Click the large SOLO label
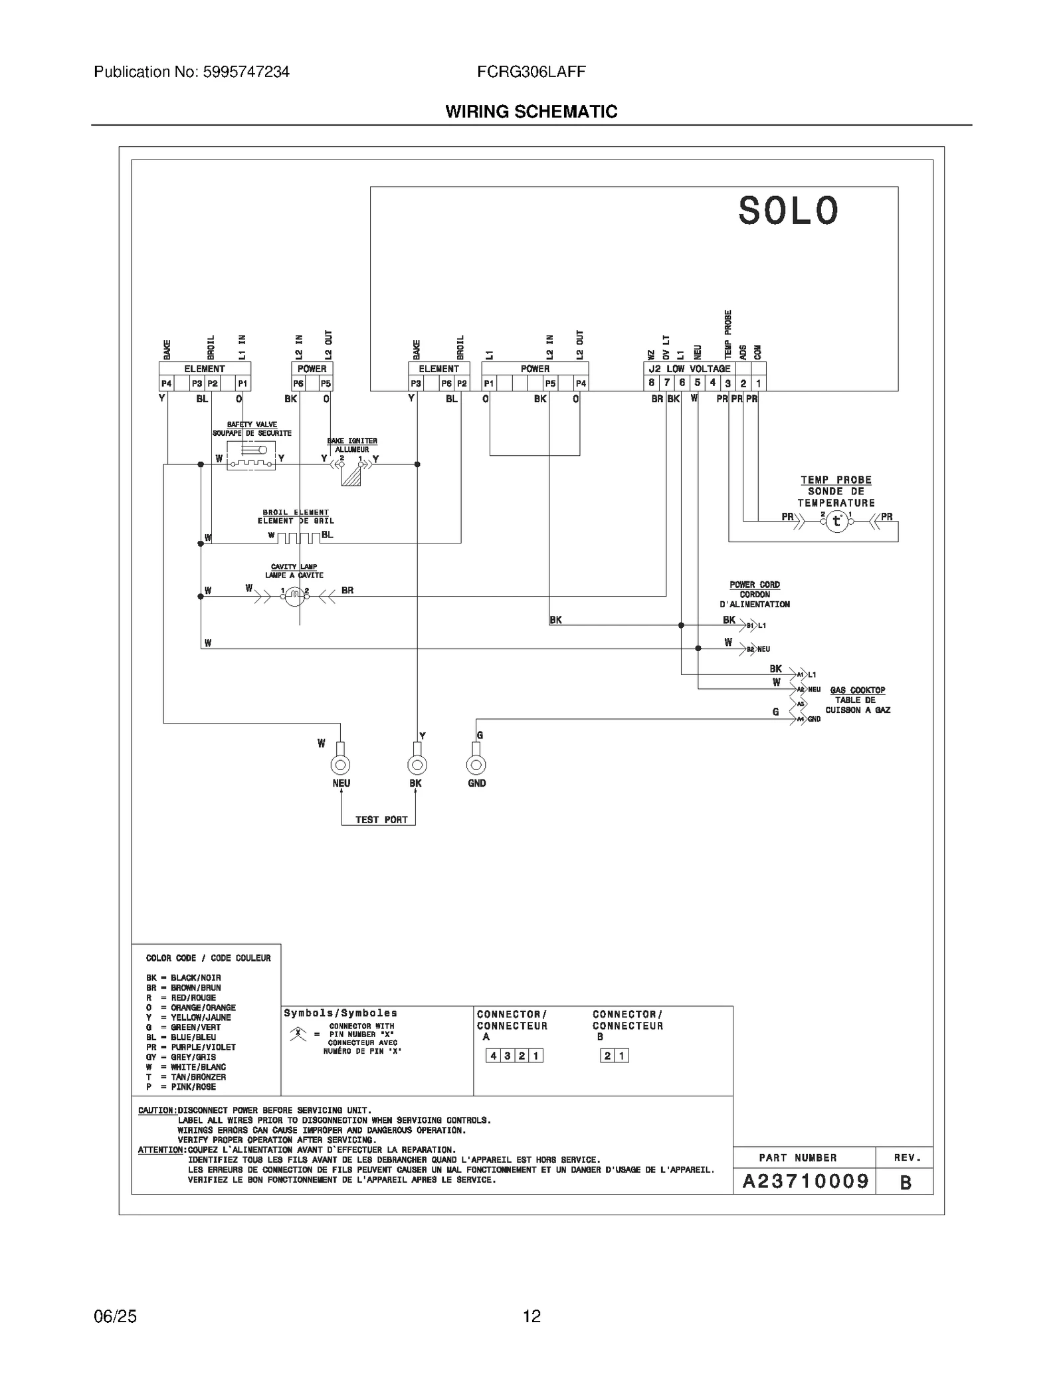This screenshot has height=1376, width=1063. pos(789,211)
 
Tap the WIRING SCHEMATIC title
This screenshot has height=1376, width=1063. pos(531,112)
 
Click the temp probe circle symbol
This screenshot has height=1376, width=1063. pos(836,522)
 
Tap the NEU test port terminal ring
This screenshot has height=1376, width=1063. pos(341,765)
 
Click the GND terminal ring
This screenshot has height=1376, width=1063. pos(476,765)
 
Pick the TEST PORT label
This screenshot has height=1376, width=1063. pos(381,820)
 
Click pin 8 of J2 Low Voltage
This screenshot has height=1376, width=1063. pos(652,383)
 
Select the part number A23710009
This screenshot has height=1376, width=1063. pos(805,1181)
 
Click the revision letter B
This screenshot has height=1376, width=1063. pos(905,1183)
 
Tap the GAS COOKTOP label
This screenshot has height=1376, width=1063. pos(857,690)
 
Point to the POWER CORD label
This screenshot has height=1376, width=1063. pos(755,585)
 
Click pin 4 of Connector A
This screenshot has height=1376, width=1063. pos(493,1056)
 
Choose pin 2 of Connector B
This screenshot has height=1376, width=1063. pos(607,1056)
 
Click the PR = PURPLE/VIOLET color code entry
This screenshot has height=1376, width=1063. pos(191,1047)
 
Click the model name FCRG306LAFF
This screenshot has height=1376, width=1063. pos(531,72)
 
